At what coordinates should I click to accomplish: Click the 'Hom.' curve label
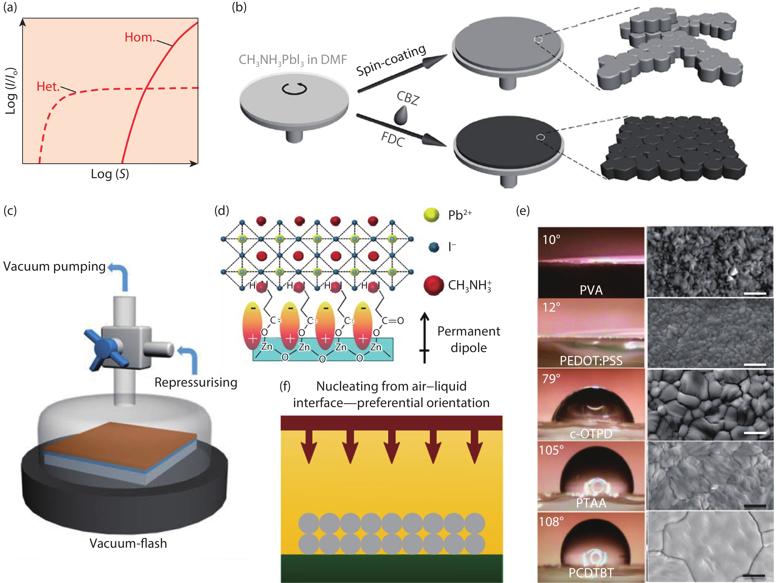click(140, 37)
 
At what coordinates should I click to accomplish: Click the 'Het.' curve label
click(48, 86)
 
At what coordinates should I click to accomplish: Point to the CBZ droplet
click(401, 116)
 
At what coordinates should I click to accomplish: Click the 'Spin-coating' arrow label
click(391, 60)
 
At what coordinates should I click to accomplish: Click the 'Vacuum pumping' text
click(55, 266)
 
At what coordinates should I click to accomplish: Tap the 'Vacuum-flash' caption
click(128, 543)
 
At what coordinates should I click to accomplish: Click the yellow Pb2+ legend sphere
click(431, 215)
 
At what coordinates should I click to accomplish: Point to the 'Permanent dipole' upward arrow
click(425, 337)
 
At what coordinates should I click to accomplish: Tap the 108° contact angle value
click(552, 522)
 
